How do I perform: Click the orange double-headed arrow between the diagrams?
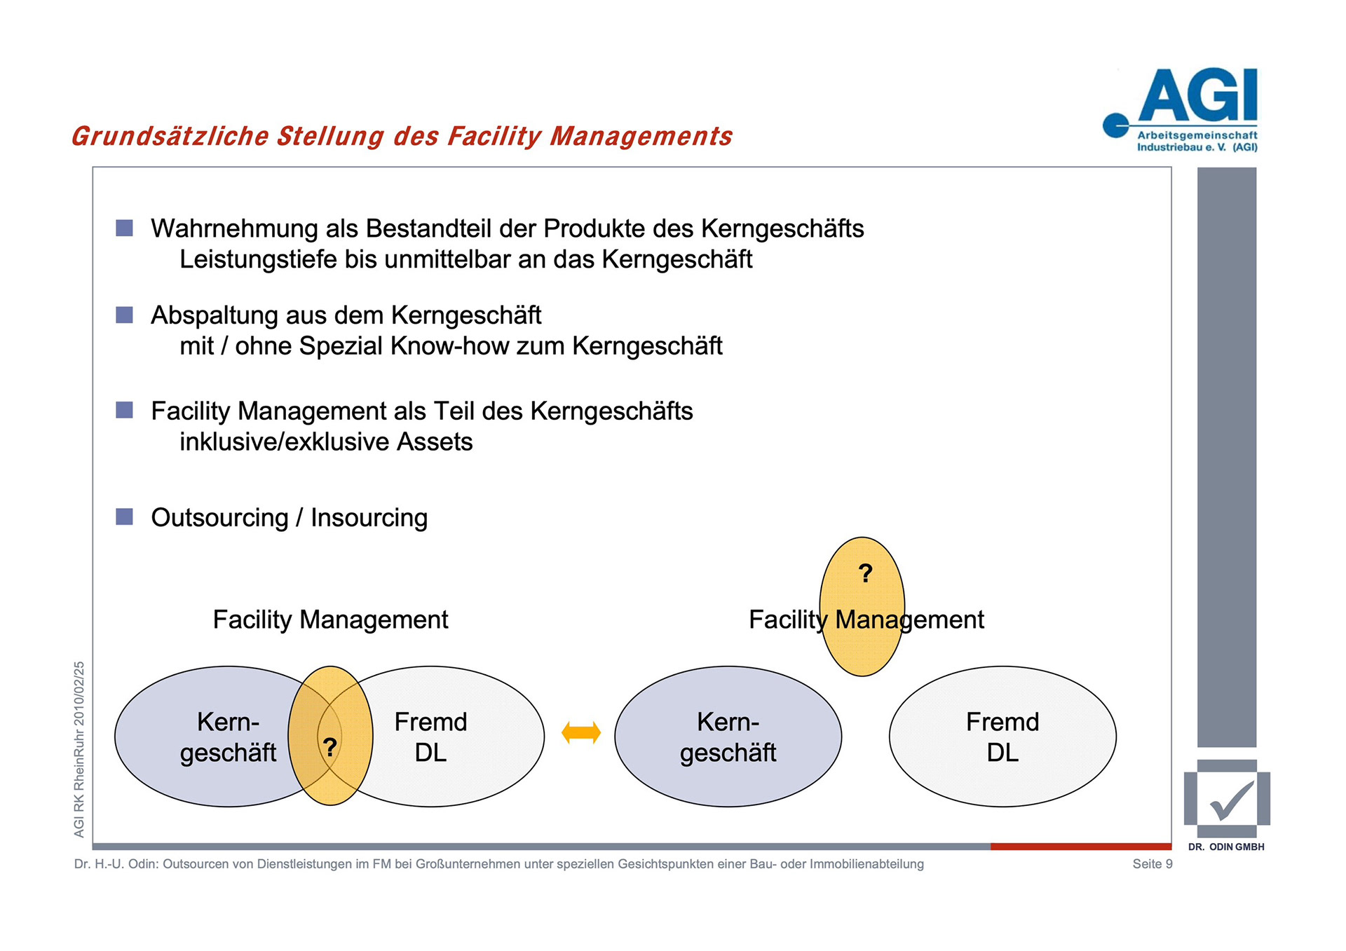[581, 733]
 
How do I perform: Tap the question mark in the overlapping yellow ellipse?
[329, 746]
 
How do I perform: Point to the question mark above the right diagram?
[866, 573]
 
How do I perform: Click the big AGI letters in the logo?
[1198, 96]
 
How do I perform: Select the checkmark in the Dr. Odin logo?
[1231, 800]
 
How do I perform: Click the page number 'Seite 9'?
[1152, 864]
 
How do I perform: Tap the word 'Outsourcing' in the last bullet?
[219, 518]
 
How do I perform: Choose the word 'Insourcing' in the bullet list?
[369, 518]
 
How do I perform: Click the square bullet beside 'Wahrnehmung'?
[124, 228]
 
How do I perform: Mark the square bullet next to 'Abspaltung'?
[124, 315]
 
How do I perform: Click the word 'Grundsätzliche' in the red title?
[170, 136]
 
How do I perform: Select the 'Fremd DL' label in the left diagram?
[430, 737]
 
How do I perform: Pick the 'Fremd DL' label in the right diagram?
[1002, 737]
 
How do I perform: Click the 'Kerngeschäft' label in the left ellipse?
[228, 737]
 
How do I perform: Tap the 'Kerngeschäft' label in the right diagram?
[728, 737]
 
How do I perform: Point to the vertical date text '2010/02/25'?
[79, 693]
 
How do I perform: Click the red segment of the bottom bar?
[1080, 847]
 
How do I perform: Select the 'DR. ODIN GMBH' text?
[1226, 847]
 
